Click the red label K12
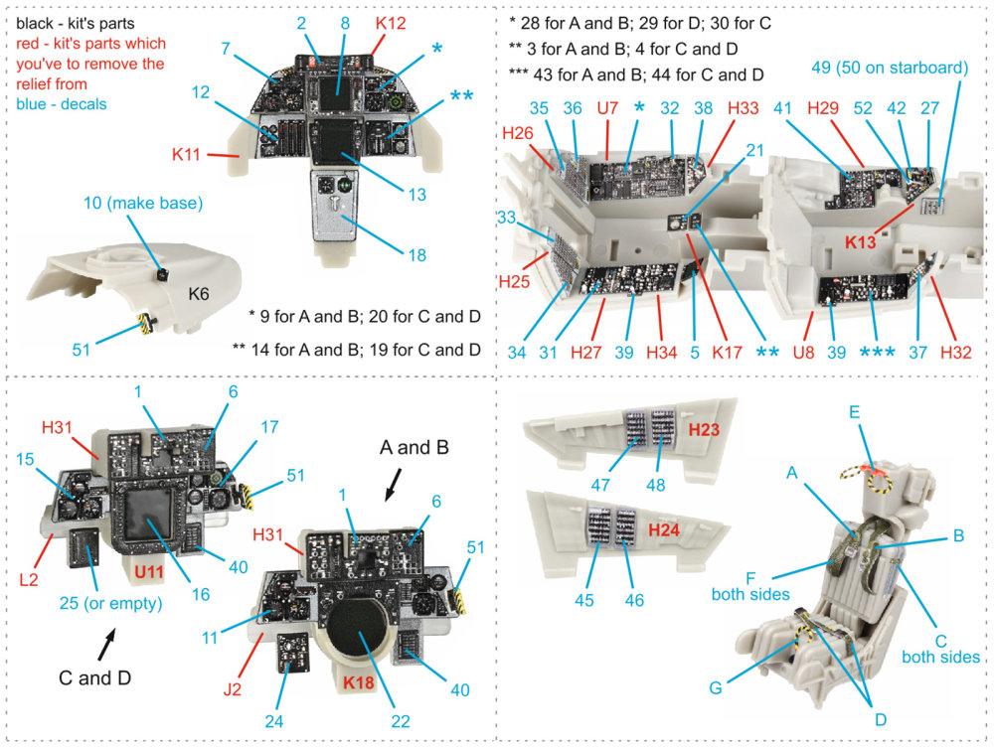390,21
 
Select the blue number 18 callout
416,255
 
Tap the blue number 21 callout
755,150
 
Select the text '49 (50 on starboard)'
890,68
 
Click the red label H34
661,353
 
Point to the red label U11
148,572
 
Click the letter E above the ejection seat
855,410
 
